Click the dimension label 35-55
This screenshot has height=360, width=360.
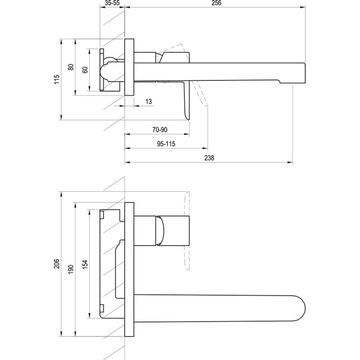click(112, 3)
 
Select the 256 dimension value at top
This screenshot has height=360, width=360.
click(216, 3)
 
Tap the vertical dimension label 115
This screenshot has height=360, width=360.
click(57, 79)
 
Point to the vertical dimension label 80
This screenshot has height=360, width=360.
click(71, 67)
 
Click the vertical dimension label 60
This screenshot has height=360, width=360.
click(85, 70)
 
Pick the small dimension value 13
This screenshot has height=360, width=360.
click(149, 101)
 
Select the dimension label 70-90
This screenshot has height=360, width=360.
click(160, 130)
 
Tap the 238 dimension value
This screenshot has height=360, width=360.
click(209, 158)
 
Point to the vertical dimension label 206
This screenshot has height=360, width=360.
click(57, 264)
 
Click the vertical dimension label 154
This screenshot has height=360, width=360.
click(85, 264)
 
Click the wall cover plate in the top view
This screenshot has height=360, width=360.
click(129, 68)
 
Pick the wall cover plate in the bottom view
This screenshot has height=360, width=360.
click(129, 270)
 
